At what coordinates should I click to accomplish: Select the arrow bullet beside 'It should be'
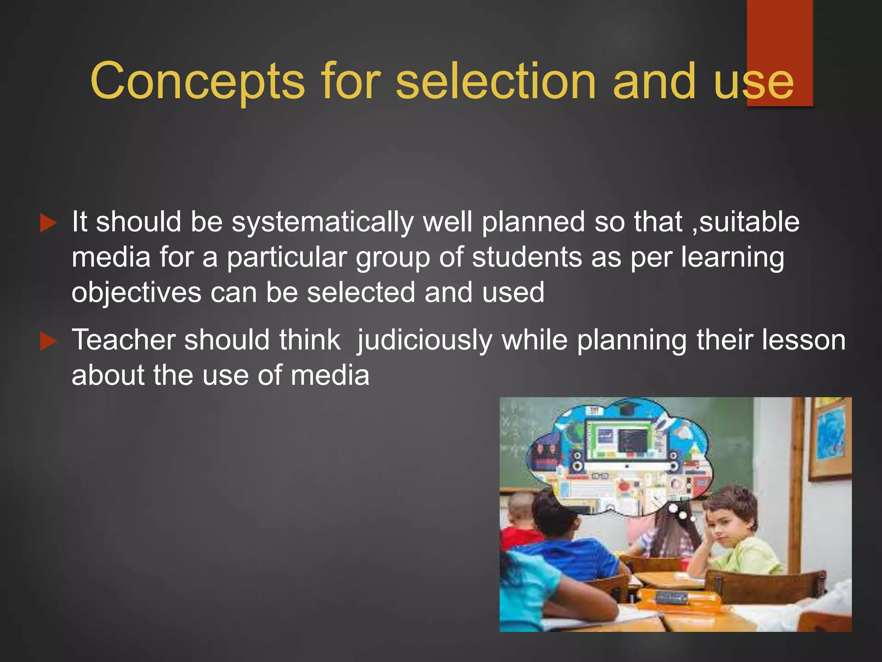pos(48,223)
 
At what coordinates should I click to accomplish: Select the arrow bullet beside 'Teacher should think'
pos(48,341)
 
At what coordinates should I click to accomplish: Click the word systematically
pos(323,222)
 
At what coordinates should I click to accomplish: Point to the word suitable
pos(749,222)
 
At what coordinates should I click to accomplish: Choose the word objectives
pos(136,293)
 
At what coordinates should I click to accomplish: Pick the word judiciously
pos(424,340)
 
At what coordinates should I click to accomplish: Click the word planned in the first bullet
pos(533,222)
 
